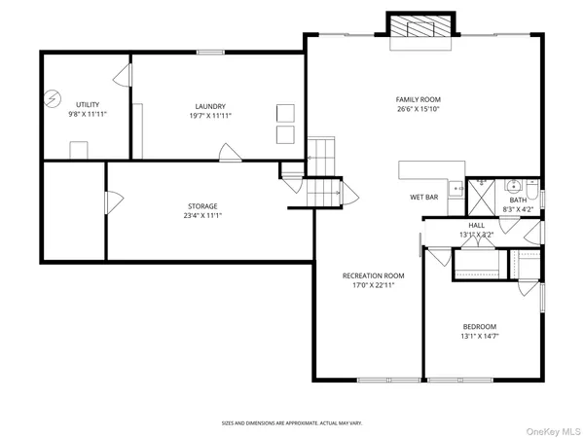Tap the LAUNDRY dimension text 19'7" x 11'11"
pyautogui.click(x=210, y=116)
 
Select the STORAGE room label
pyautogui.click(x=202, y=205)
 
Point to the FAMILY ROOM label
pyautogui.click(x=418, y=99)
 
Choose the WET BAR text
pyautogui.click(x=423, y=198)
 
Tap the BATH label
pyautogui.click(x=517, y=199)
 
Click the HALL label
pyautogui.click(x=477, y=225)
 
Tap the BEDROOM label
pyautogui.click(x=479, y=326)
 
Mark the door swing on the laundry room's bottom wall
pyautogui.click(x=229, y=152)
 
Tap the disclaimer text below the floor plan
pyautogui.click(x=292, y=423)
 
